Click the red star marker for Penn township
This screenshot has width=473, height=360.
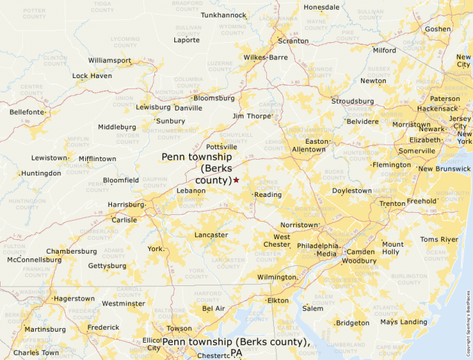pos(236,180)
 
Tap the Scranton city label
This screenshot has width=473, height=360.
pos(293,41)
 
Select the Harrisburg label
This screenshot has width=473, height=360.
pos(125,205)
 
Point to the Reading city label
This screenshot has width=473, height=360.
pos(268,195)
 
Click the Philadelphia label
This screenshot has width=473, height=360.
pos(317,245)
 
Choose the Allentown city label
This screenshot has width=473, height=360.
pos(308,149)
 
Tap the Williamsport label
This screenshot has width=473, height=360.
pos(109,61)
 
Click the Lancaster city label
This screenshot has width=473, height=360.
pos(211,235)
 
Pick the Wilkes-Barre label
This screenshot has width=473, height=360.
pos(265,57)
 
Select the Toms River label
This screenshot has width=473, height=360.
pos(439,240)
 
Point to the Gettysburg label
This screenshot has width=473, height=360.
pos(107,266)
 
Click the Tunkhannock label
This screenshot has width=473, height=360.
pos(223,15)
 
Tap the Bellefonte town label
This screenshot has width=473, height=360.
pos(27,112)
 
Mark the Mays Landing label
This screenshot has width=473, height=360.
pos(403,322)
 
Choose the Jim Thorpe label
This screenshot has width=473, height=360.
pos(252,116)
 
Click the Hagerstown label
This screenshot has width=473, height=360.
pos(73,299)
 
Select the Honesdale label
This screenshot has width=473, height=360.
pos(322,8)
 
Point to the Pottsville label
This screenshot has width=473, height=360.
pos(221,147)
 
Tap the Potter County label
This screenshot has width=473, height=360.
pos(34,14)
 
